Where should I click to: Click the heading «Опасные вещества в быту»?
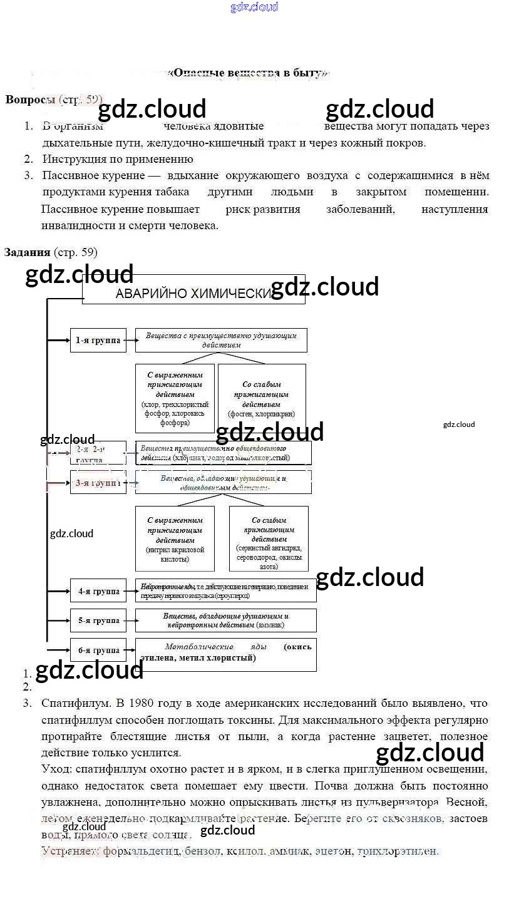tap(249, 73)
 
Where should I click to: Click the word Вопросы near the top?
tap(30, 100)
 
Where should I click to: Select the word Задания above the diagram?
tap(27, 252)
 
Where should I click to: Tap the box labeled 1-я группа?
tap(98, 341)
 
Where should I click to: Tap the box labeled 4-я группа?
tap(98, 591)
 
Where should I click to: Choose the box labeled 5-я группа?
tap(98, 620)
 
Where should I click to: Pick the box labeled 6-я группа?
tap(98, 651)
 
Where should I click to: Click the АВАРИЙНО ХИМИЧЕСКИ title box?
tap(193, 293)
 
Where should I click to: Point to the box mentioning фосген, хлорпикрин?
tap(262, 399)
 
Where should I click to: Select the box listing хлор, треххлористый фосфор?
tap(175, 399)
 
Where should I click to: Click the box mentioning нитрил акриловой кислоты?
tap(175, 539)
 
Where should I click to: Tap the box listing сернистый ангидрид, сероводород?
tap(269, 539)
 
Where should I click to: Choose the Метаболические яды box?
tap(226, 654)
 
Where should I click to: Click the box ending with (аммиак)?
tap(226, 620)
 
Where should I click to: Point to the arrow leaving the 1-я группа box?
tap(131, 341)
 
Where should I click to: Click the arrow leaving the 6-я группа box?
tap(131, 651)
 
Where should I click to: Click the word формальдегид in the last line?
tap(140, 851)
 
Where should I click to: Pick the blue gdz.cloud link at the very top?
tap(254, 8)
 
